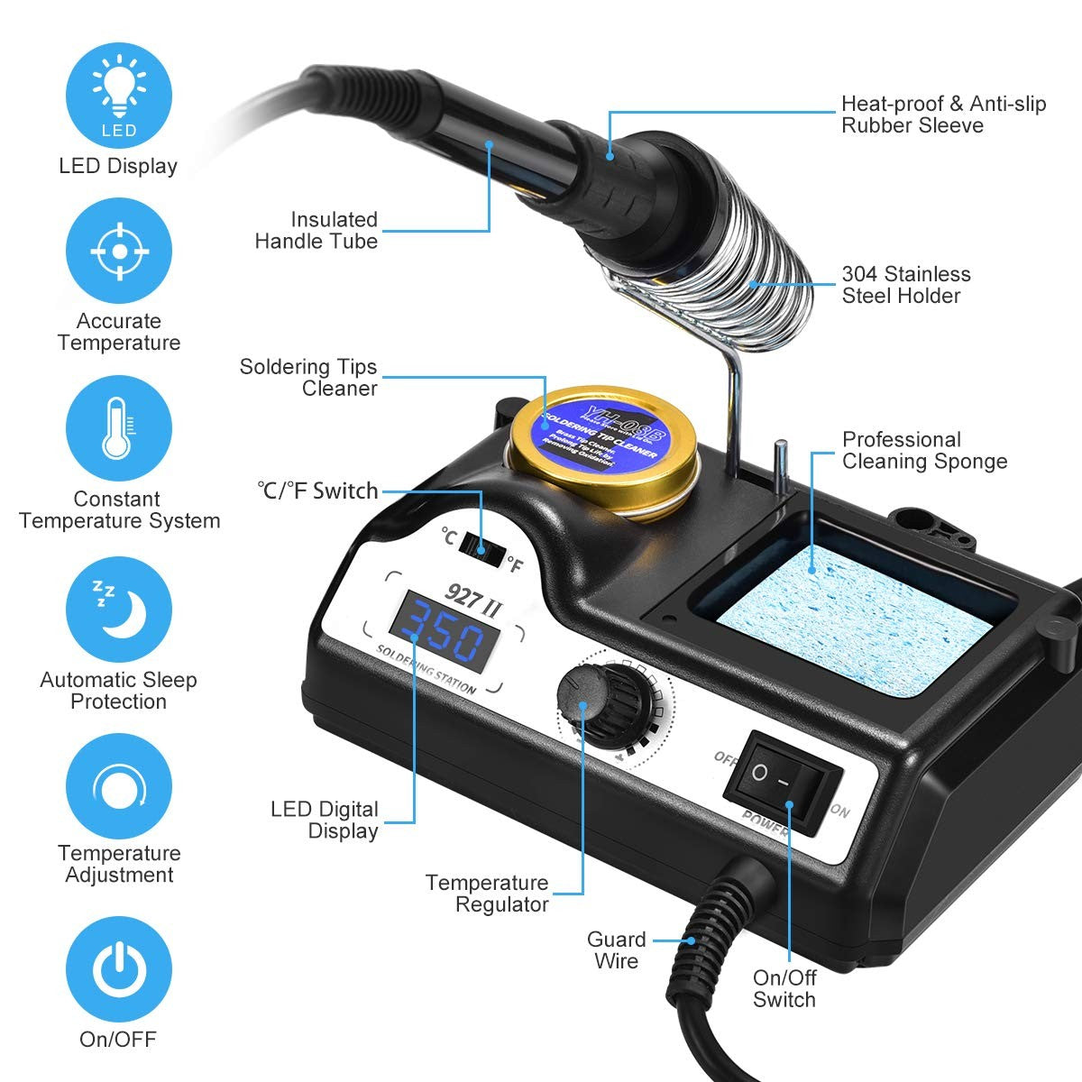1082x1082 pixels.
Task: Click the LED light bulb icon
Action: click(119, 95)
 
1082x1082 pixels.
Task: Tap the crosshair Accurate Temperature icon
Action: click(119, 251)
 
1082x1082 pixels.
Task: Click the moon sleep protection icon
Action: click(119, 609)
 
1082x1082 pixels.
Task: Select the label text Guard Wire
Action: click(616, 950)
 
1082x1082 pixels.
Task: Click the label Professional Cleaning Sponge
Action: click(924, 451)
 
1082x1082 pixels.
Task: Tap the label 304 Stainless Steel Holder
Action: click(905, 285)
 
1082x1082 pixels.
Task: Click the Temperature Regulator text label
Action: click(487, 894)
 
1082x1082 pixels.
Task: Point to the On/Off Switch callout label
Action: click(784, 988)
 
